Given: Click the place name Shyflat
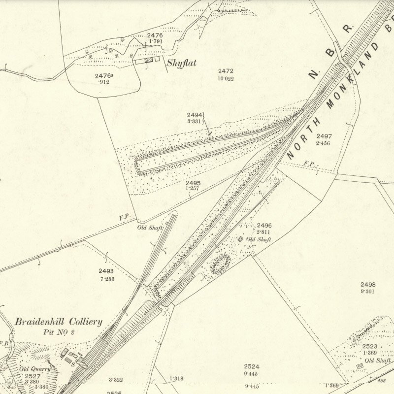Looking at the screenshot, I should [182, 63].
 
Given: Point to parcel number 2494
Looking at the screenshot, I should [195, 115].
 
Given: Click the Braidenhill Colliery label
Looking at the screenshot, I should [59, 322].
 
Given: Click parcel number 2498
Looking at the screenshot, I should [368, 285].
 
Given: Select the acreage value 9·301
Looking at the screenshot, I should [368, 292].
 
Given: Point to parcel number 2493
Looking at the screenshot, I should [106, 271].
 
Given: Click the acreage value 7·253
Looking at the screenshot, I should [106, 278].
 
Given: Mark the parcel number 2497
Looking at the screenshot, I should [324, 136].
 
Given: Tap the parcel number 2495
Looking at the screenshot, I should [193, 183].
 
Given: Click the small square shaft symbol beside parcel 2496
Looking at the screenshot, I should [240, 239].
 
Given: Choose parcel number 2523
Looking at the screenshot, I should [370, 346].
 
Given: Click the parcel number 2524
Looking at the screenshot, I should [252, 366].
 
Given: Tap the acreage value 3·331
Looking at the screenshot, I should [194, 121].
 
